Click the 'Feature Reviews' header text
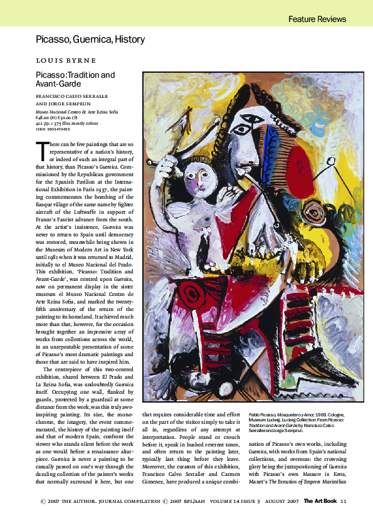[317, 19]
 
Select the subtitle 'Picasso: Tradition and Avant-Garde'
[75, 80]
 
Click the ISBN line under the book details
[53, 128]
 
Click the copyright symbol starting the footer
[43, 500]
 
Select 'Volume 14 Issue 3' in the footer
[226, 500]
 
